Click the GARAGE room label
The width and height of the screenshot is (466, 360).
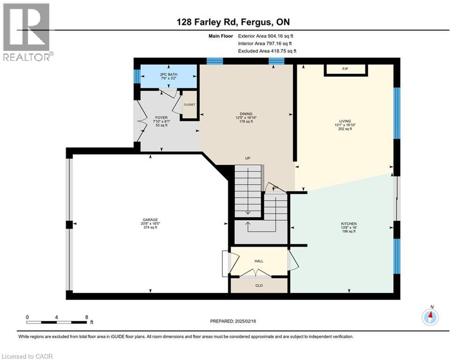click(x=150, y=219)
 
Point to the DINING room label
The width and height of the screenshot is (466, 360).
click(x=246, y=114)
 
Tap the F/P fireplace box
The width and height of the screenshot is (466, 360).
click(x=345, y=69)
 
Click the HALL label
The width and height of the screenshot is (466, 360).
click(x=259, y=261)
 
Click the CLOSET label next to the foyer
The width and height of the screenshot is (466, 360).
click(x=190, y=105)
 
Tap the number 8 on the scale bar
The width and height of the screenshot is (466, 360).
click(x=87, y=317)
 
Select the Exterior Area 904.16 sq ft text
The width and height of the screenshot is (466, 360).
click(x=266, y=36)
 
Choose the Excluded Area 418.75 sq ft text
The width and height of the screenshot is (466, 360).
click(x=267, y=51)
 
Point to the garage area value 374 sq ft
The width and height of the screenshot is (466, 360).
click(x=150, y=228)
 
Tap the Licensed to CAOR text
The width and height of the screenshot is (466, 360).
click(x=27, y=356)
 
